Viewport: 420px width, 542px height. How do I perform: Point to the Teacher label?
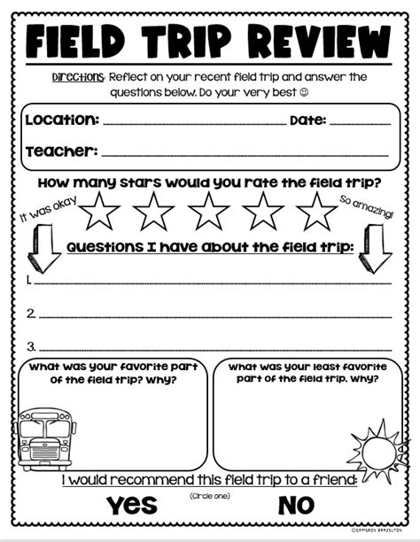point(60,151)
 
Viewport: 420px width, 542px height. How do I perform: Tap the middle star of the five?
point(209,210)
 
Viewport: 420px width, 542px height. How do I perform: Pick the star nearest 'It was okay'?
point(101,210)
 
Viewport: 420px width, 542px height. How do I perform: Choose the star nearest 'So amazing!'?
point(316,210)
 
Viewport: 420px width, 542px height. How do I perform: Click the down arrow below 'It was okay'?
point(41,247)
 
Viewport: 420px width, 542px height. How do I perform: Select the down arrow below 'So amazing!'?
point(375,247)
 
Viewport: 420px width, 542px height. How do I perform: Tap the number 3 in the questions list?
point(30,345)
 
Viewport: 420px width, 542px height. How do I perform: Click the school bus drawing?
point(45,438)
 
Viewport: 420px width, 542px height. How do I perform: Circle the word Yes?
point(132,505)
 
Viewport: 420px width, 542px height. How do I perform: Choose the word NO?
point(296,505)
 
